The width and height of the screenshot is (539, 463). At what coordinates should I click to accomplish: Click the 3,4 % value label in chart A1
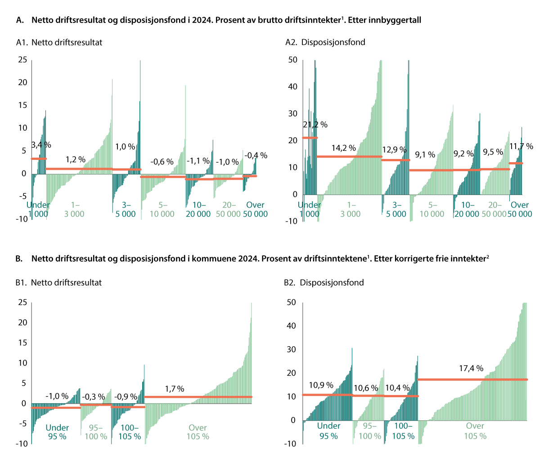pos(41,145)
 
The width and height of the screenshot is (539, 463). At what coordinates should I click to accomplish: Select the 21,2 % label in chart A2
pos(315,124)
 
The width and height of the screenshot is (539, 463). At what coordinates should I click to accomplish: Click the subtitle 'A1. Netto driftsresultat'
pos(59,42)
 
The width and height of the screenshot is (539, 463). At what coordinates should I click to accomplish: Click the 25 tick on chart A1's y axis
pos(22,60)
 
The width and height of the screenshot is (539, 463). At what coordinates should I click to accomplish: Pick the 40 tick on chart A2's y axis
pos(293,86)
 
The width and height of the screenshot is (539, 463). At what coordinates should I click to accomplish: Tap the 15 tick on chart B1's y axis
pos(22,343)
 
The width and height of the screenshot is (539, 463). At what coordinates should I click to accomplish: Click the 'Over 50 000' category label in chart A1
pos(255,209)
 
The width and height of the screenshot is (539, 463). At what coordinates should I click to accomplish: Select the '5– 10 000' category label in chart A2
pos(431,209)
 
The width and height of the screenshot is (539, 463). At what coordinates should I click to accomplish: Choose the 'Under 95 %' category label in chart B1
pos(57,432)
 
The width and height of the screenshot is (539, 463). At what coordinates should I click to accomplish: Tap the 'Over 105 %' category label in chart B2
pos(475,431)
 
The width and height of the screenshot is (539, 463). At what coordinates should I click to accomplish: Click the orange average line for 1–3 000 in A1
pos(79,169)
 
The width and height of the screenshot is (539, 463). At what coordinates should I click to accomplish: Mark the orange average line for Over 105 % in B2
pos(472,380)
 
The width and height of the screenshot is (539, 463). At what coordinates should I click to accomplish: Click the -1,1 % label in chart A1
pos(198,160)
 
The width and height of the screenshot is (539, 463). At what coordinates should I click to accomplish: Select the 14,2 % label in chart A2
pos(344,148)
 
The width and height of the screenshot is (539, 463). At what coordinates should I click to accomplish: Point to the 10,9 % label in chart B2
pos(321,385)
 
